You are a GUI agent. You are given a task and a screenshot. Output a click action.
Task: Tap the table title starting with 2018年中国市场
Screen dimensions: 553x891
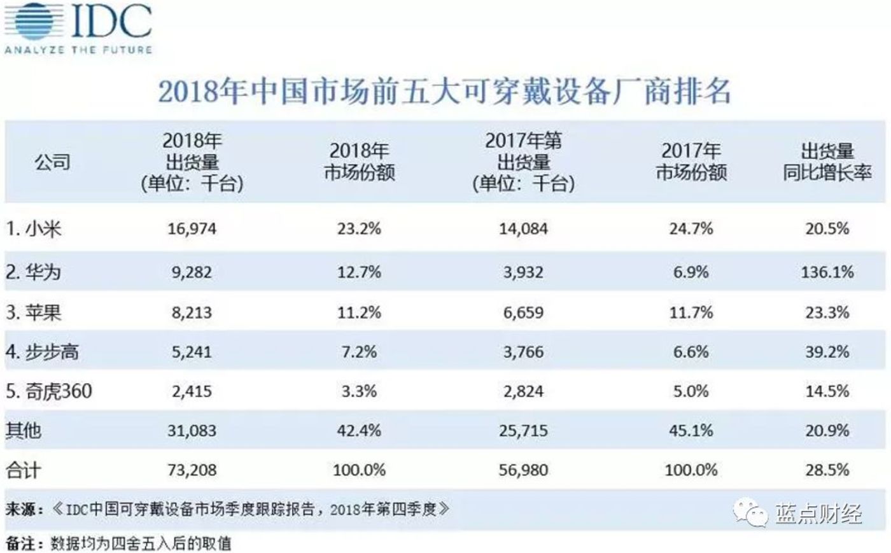pyautogui.click(x=444, y=91)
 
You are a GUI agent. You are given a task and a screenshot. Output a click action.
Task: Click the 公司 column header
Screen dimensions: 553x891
pyautogui.click(x=52, y=162)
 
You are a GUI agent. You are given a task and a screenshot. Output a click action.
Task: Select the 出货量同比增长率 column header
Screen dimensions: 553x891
pyautogui.click(x=827, y=162)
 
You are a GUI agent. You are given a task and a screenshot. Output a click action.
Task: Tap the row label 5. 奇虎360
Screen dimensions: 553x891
pyautogui.click(x=49, y=391)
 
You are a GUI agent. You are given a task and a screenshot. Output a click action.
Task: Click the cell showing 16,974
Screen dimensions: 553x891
pyautogui.click(x=192, y=228)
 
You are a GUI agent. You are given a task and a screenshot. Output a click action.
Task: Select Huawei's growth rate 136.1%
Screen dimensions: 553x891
pyautogui.click(x=827, y=272)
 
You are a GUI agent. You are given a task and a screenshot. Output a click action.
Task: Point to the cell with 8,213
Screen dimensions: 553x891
pyautogui.click(x=192, y=312)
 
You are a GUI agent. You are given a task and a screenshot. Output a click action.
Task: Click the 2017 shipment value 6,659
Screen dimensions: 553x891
pyautogui.click(x=523, y=312)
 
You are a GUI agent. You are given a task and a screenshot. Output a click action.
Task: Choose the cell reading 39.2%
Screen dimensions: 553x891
pyautogui.click(x=827, y=352)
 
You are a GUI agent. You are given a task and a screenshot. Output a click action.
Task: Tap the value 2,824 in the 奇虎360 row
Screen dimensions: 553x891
pyautogui.click(x=523, y=391)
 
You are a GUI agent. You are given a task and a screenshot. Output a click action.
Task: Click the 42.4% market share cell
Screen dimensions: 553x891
pyautogui.click(x=359, y=431)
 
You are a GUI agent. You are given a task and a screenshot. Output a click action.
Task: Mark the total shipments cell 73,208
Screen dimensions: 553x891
pyautogui.click(x=192, y=470)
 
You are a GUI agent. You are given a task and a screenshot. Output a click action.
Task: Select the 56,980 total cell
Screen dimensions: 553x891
pyautogui.click(x=523, y=470)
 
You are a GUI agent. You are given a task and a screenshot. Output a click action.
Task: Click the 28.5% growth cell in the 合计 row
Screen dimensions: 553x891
pyautogui.click(x=827, y=470)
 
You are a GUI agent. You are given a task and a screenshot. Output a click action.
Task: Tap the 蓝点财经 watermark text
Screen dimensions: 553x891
pyautogui.click(x=818, y=513)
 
